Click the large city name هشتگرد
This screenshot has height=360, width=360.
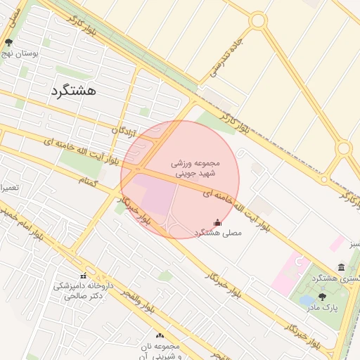73,91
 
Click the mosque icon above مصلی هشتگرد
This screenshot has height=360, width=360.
217,223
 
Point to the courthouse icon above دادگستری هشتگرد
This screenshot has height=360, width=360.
341,267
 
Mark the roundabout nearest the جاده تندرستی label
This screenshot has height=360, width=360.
258,20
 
